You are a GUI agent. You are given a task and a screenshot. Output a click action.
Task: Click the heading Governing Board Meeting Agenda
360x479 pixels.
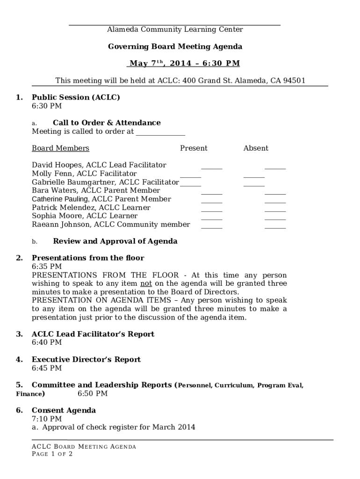[x=175, y=47]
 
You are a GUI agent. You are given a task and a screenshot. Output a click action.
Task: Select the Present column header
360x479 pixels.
[x=194, y=148]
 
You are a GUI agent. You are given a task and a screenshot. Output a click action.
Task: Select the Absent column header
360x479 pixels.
[x=256, y=148]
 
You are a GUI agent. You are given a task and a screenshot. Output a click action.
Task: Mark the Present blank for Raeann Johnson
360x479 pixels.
[x=212, y=225]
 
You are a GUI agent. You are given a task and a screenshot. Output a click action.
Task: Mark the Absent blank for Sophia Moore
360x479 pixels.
[x=275, y=217]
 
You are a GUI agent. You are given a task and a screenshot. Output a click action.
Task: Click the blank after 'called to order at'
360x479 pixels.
[x=160, y=132]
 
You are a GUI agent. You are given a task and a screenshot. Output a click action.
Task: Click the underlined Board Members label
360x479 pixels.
[x=60, y=148]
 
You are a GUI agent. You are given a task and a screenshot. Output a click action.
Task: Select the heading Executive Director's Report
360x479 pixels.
[x=86, y=360]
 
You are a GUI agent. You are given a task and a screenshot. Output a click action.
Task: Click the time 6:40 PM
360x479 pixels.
[x=47, y=342]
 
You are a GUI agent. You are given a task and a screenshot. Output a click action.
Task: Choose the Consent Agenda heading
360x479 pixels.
[x=64, y=410]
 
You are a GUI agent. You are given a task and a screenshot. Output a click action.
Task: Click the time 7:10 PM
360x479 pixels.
[x=47, y=419]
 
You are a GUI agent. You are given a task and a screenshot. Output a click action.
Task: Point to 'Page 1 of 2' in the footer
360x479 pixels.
[x=52, y=454]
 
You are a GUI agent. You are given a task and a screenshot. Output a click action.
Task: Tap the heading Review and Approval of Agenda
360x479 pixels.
[x=115, y=241]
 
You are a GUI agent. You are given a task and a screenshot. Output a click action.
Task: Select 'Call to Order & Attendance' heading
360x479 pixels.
[x=107, y=123]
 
